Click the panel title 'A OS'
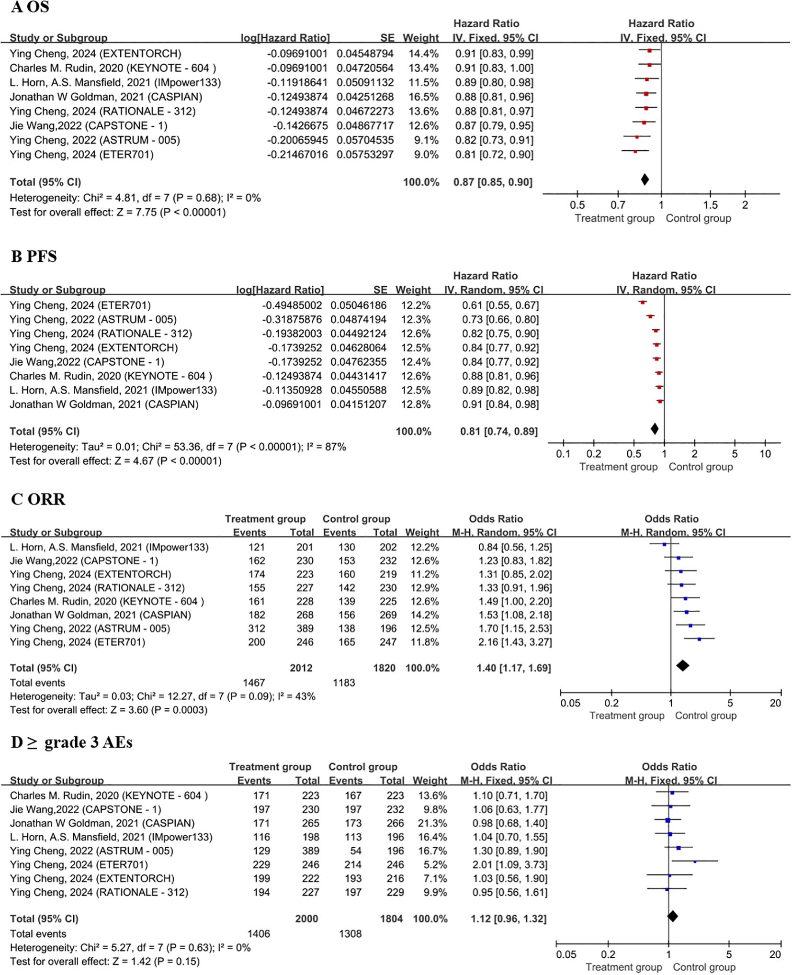tap(30, 8)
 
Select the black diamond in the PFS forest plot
tap(655, 429)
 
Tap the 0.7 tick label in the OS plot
tap(618, 205)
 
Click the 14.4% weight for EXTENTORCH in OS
tap(421, 54)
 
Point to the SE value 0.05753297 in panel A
tap(365, 155)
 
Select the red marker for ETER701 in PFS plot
tap(643, 303)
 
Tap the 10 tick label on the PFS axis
tap(765, 454)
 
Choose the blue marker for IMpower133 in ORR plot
tap(664, 544)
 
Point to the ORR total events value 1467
tap(254, 683)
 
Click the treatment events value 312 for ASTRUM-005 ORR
tap(257, 628)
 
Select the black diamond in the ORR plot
tap(682, 665)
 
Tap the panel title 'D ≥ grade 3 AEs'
tap(72, 742)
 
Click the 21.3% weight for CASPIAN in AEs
tap(430, 823)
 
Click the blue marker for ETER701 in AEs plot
tap(695, 862)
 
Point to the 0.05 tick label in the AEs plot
tap(566, 954)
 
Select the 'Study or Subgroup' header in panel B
tap(57, 290)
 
